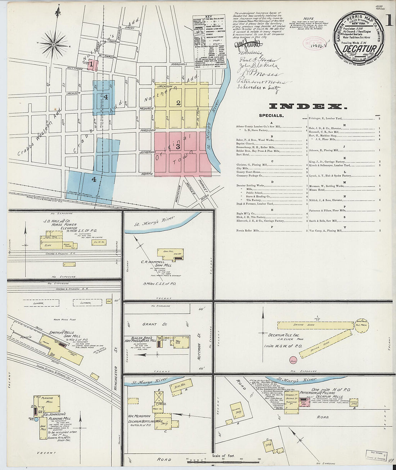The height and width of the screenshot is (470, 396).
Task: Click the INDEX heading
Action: coord(308,106)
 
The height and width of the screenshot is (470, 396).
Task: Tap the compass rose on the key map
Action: coord(54,45)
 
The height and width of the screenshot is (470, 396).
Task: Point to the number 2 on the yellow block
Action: coord(178,103)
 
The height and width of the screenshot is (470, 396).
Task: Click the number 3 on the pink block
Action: coord(178,147)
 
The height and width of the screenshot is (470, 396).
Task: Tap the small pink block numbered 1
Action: coord(93,65)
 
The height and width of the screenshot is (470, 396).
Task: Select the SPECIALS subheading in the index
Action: coord(271,116)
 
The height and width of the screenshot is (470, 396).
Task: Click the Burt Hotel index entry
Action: coord(244,155)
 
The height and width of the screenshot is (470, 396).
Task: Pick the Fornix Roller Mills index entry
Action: coord(248,230)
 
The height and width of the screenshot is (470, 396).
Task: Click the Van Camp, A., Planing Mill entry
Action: coord(325,230)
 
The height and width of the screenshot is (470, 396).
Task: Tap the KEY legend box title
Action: coord(208,17)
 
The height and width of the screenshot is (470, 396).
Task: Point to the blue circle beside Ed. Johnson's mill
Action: coord(36,419)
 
